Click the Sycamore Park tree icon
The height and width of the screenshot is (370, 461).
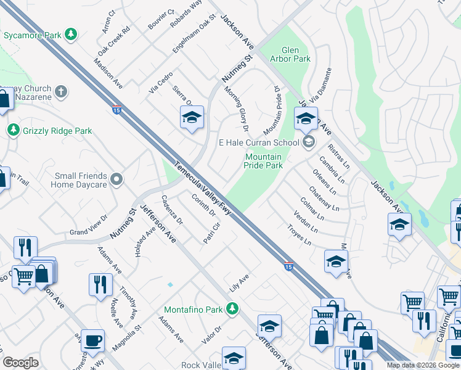coord(71,34)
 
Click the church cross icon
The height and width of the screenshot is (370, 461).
coord(60,92)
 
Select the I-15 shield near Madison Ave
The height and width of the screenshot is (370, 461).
coord(116,110)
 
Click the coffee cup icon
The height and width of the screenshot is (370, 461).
coord(92,340)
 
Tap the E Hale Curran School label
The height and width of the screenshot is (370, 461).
coord(259,142)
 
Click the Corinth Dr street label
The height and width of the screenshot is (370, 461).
coord(203,205)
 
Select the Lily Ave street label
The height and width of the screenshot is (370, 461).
coord(239,282)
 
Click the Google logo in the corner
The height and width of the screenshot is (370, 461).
coord(20,363)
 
